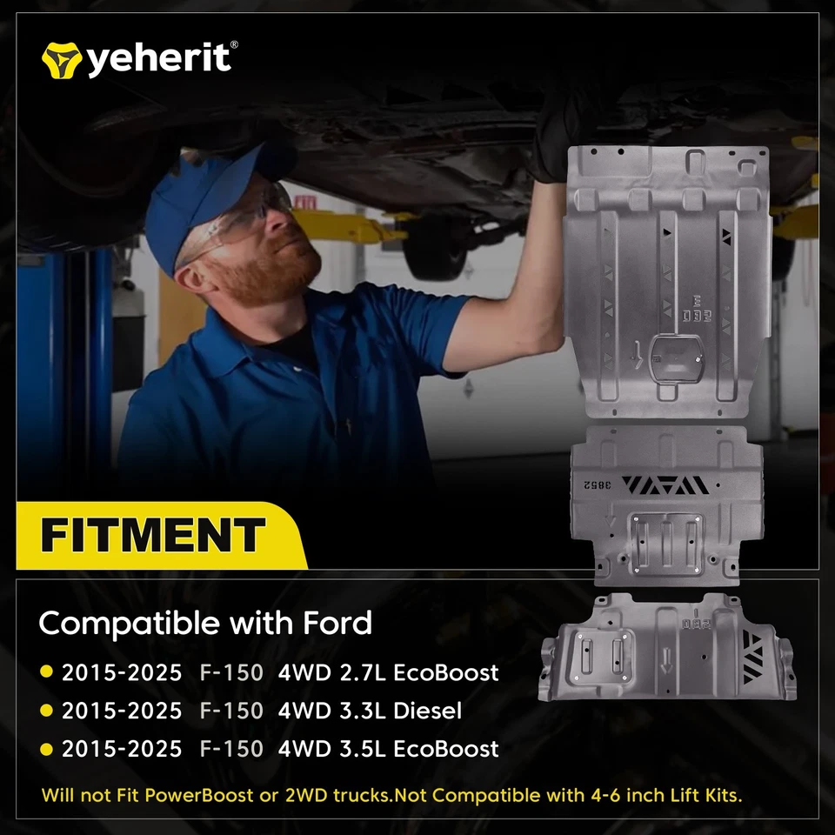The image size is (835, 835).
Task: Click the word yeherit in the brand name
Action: (x=157, y=58)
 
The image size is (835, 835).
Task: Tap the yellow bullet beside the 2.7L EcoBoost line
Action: (x=46, y=672)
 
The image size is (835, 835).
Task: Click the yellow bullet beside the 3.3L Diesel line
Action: (x=46, y=711)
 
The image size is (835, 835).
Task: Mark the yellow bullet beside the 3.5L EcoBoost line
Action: (x=46, y=749)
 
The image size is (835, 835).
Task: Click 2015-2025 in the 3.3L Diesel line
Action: (x=122, y=711)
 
